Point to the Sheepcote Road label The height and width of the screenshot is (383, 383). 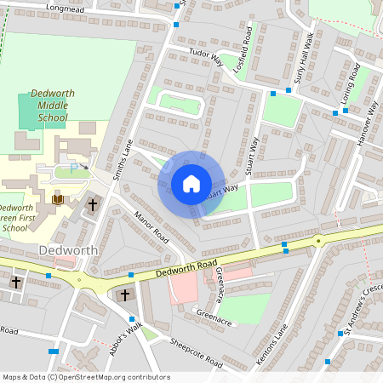point(195,352)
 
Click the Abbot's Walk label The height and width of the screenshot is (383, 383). point(124,340)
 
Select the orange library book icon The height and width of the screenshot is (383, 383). point(59,199)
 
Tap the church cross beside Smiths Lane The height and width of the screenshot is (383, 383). point(93,205)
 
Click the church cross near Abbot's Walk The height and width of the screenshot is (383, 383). point(125,294)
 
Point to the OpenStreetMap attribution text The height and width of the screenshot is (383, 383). point(86,376)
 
